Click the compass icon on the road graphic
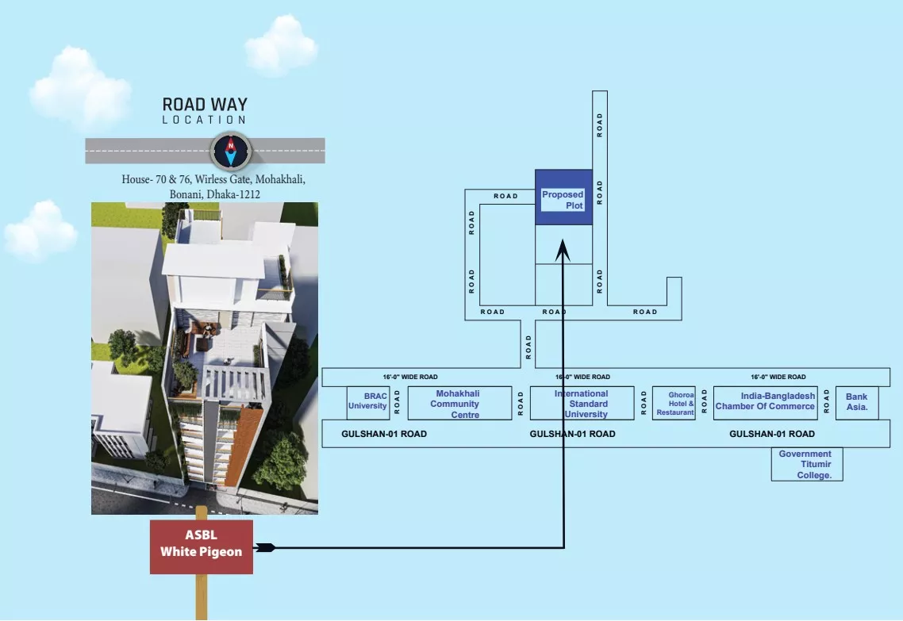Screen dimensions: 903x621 231,151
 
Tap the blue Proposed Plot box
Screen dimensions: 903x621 564,197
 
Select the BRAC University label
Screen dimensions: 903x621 367,401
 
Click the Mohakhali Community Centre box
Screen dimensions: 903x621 459,403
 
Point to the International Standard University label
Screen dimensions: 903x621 582,404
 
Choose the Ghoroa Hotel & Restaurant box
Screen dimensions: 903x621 674,403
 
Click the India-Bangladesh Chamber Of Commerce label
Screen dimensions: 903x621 766,401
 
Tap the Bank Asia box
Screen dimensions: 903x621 857,403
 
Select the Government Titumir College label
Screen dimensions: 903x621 805,465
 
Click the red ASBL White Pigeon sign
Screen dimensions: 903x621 202,546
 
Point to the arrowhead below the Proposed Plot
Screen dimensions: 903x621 563,251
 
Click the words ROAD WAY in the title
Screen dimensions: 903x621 205,104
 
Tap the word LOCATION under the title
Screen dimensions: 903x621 204,120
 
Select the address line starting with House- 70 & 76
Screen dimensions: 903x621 213,179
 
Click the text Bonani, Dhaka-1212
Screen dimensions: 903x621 215,194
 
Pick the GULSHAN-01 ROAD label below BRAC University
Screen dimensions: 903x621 384,434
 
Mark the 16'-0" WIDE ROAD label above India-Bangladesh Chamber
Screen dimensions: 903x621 778,377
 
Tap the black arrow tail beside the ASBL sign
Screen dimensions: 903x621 264,547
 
